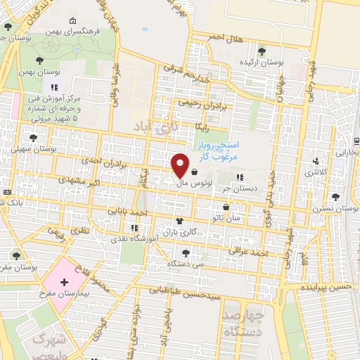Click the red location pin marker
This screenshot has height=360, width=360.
click(180, 165)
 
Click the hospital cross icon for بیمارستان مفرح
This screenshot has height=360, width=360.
click(64, 282)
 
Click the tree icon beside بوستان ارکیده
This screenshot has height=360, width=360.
click(262, 51)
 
